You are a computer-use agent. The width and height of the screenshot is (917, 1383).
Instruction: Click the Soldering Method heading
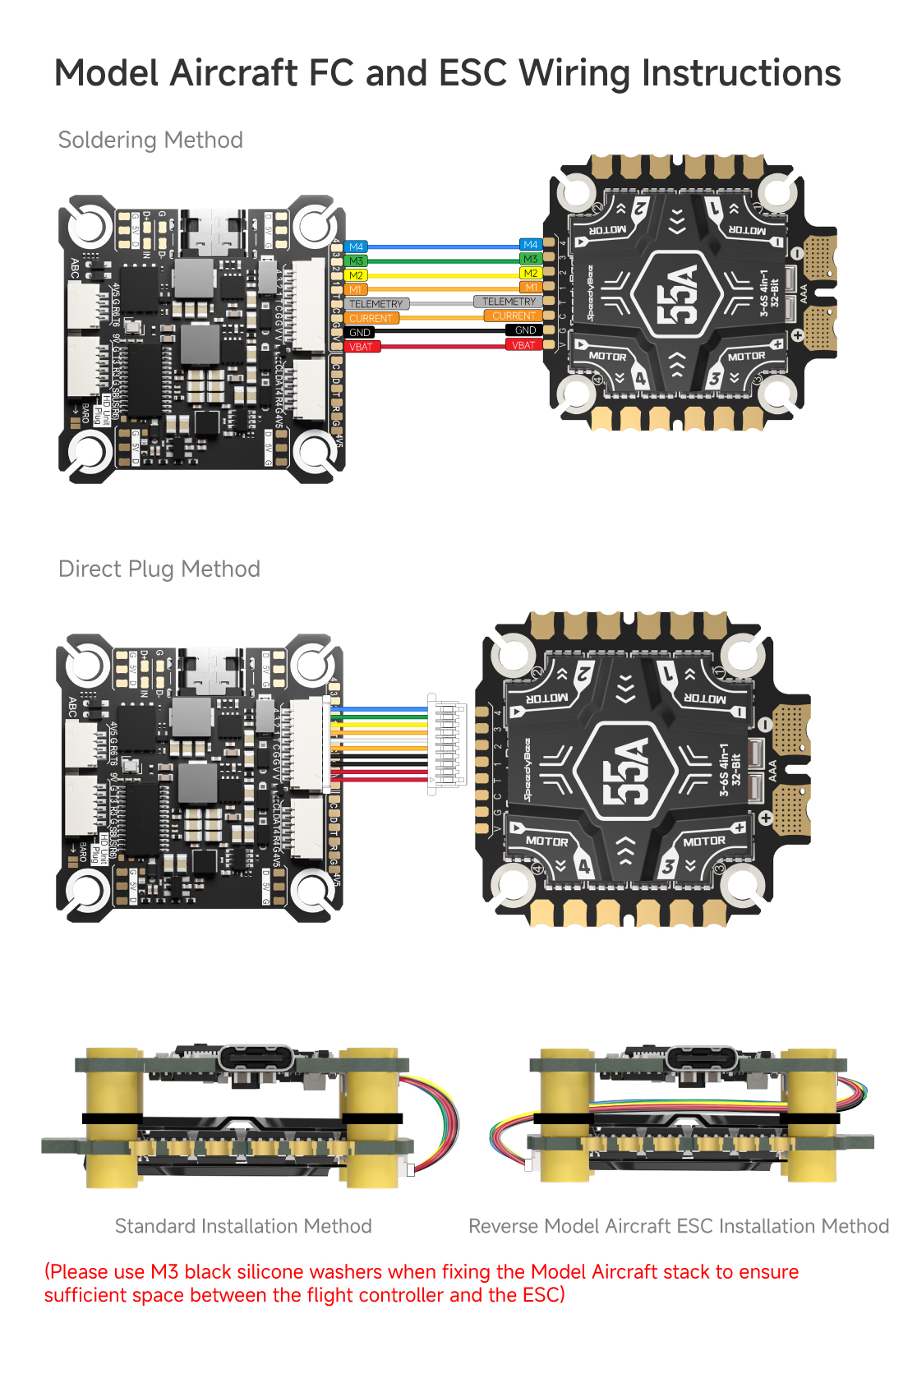150,140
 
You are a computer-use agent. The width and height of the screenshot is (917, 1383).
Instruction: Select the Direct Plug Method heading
159,569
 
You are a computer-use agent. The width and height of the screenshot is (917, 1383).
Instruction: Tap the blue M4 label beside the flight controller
356,247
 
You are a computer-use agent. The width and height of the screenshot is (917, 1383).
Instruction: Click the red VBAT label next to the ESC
523,345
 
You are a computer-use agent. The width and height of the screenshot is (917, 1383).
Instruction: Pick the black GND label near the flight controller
360,333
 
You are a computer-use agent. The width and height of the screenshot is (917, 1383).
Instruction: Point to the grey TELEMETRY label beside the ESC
509,302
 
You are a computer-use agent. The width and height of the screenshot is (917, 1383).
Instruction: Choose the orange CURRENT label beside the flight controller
371,318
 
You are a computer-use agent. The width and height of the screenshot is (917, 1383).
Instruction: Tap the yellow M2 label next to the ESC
531,273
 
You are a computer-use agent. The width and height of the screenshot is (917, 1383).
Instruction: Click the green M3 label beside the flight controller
356,260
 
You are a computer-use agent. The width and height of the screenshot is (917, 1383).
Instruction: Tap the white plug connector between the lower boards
447,745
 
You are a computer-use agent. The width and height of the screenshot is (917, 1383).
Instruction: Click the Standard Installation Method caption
243,1226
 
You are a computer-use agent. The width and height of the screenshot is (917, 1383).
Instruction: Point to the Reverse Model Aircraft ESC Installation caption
679,1226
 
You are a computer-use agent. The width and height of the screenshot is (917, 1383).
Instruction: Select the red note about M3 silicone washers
422,1283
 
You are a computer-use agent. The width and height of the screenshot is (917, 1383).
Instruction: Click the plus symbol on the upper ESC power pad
796,335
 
